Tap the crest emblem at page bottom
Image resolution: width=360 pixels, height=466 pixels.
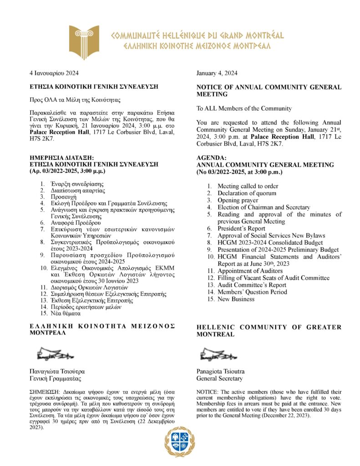pyautogui.click(x=180, y=441)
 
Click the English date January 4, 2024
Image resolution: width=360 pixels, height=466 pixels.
pyautogui.click(x=217, y=73)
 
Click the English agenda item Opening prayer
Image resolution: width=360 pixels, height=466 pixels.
pyautogui.click(x=238, y=200)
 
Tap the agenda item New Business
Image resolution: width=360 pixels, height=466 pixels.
pyautogui.click(x=236, y=299)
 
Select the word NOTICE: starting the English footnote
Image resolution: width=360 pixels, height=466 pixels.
pyautogui.click(x=207, y=392)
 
